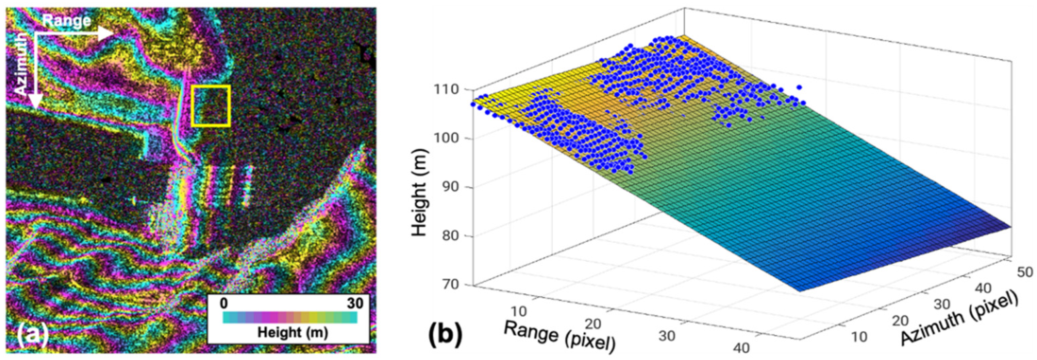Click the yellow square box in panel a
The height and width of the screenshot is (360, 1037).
point(211,105)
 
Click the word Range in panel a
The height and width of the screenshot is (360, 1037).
point(67,21)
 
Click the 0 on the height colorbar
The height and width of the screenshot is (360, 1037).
point(225,303)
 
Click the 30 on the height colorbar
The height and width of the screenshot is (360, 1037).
point(354,303)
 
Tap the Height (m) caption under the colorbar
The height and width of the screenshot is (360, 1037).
point(293,333)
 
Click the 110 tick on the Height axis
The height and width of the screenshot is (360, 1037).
point(447,89)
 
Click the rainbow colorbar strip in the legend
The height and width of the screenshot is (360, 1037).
point(290,318)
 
